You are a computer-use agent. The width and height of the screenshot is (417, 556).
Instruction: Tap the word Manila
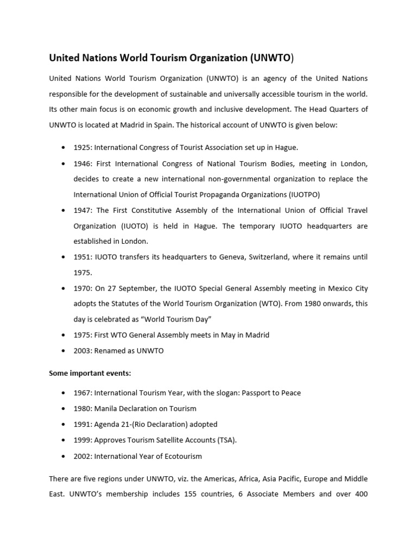106,408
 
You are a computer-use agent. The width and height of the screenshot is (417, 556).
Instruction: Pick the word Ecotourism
182,456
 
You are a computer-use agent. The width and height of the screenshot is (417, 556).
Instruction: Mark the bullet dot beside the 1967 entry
65,393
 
